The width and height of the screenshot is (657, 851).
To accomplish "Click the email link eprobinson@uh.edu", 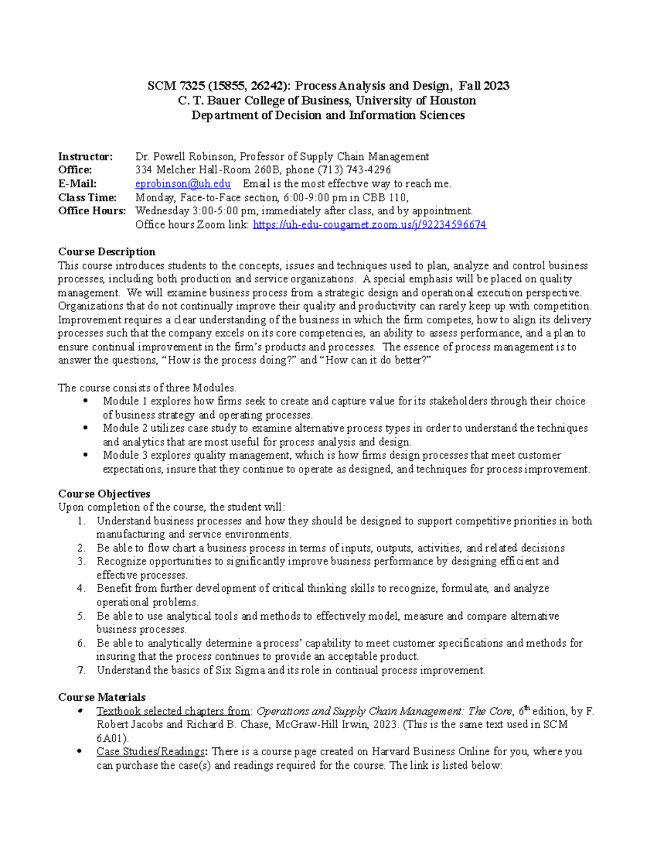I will click(182, 184).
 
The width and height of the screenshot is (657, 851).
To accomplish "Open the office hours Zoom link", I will click(369, 225).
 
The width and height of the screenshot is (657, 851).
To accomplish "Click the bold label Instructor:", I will click(85, 157).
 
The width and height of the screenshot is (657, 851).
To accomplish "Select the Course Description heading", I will click(107, 252).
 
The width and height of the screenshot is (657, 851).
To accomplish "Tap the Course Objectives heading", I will click(104, 494).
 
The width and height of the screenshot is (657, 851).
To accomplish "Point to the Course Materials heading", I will click(102, 698).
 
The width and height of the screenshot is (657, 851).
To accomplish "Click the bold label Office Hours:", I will click(92, 211).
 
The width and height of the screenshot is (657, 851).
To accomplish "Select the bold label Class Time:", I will click(88, 197).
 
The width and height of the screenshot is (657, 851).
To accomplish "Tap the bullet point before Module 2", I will click(85, 428).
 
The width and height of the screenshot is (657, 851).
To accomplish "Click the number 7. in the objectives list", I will click(82, 670).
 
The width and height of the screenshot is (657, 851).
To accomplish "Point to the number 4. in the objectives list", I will click(82, 589).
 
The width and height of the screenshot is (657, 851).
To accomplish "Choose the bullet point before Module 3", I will click(85, 455).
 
